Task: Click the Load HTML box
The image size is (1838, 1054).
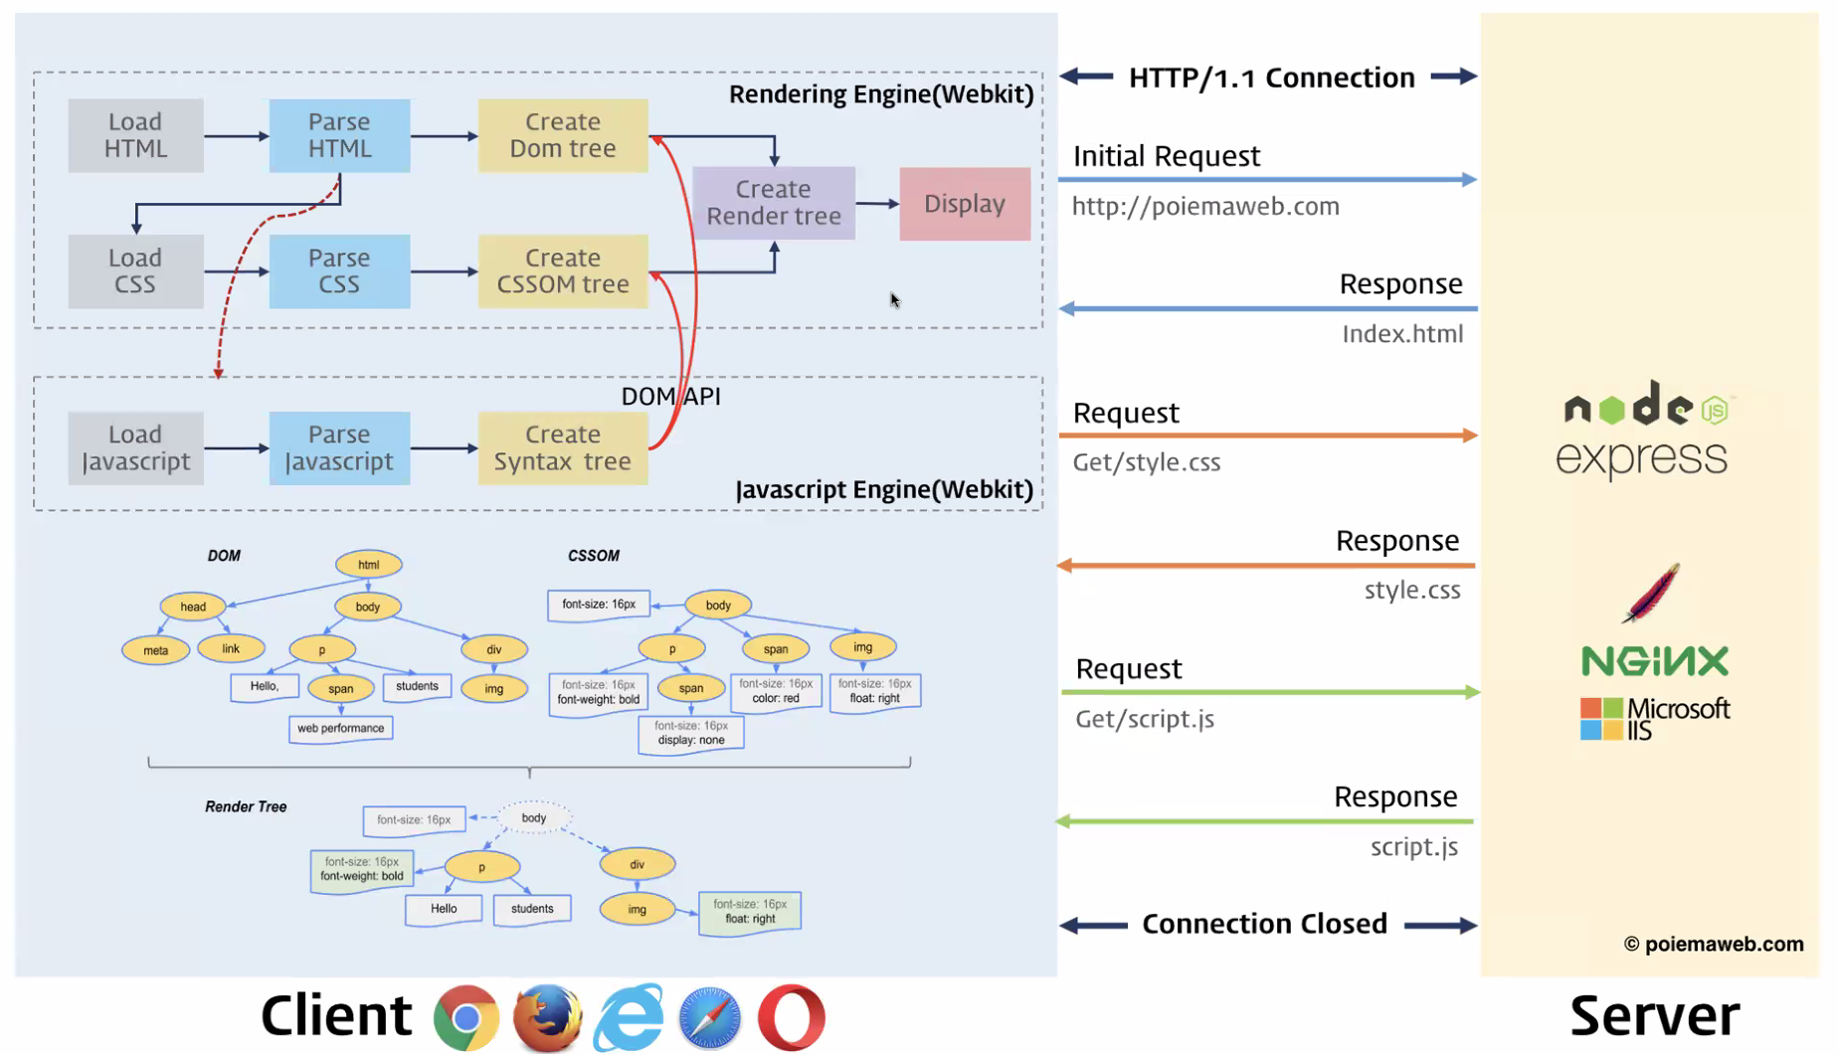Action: [135, 135]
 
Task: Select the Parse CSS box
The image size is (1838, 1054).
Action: [339, 271]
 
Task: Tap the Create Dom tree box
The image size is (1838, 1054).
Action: [563, 135]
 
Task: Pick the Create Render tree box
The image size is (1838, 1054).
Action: [774, 203]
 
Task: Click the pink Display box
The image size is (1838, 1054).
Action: [964, 204]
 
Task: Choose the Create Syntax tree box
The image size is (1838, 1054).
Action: [563, 448]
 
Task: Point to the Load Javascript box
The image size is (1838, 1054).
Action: [135, 448]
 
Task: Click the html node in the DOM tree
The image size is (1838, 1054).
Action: [368, 565]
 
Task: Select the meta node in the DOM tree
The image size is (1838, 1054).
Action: [155, 650]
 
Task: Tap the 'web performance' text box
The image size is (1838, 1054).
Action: [340, 729]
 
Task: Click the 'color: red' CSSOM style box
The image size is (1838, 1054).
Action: [776, 691]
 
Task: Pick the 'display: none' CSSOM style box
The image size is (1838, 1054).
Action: [690, 733]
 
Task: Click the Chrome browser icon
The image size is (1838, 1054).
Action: [465, 1018]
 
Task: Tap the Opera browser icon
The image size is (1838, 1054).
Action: [791, 1018]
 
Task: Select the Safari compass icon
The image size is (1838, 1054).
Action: [709, 1018]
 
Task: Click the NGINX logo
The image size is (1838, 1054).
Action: [1655, 661]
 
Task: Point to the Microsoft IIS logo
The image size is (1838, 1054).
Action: [1655, 718]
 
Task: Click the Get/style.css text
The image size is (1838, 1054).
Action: [1147, 462]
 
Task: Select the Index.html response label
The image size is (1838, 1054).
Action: [1402, 334]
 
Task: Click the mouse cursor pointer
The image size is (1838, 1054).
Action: [894, 300]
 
